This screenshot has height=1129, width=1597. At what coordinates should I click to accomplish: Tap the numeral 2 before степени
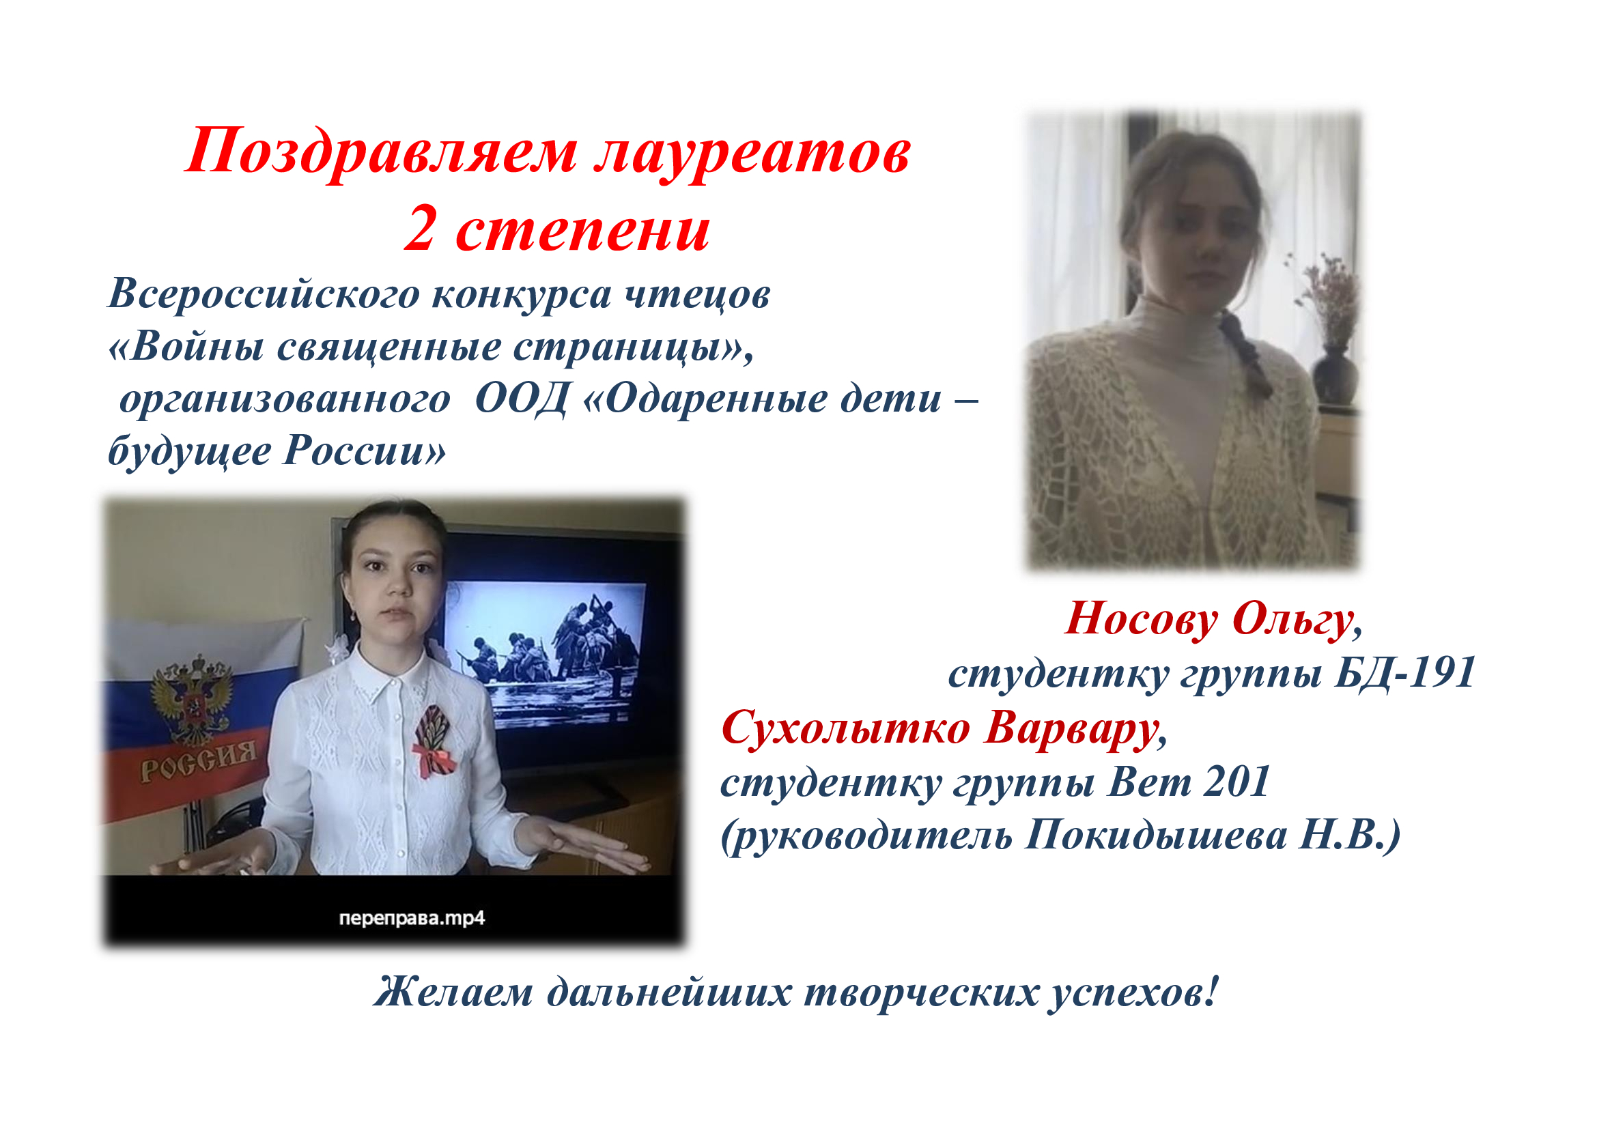click(420, 230)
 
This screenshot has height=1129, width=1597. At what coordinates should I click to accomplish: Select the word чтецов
click(697, 295)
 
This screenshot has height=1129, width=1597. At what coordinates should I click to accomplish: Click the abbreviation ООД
click(522, 400)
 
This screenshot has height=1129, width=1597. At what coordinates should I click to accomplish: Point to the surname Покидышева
click(1156, 835)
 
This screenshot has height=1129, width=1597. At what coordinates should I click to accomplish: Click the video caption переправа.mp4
click(412, 918)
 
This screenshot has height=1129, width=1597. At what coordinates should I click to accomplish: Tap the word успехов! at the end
click(1135, 992)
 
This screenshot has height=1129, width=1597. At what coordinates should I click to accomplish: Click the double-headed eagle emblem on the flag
click(193, 698)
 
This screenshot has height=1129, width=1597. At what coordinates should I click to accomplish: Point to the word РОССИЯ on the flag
click(198, 761)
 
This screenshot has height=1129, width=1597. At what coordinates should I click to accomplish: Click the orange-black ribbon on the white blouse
click(433, 740)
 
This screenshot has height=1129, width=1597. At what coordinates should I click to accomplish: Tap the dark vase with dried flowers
click(1334, 376)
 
